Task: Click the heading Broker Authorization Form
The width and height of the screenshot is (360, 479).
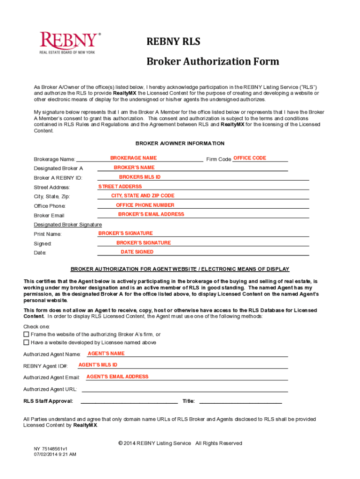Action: coord(213,61)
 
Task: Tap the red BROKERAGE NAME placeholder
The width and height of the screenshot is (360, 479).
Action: coord(133,158)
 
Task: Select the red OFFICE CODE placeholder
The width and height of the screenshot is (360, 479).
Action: coord(249,158)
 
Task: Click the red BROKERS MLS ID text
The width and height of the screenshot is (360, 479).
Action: coord(140,177)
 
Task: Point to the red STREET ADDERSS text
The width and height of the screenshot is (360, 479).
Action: coord(120,187)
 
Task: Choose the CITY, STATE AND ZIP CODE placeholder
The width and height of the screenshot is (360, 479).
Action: coord(143,196)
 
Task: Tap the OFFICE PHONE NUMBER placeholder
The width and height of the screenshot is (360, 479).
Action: coord(145,205)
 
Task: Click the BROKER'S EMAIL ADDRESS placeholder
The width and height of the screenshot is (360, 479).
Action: coord(151,214)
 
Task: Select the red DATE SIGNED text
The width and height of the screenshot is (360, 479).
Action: coord(137,252)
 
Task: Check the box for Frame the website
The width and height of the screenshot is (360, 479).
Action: coord(26,334)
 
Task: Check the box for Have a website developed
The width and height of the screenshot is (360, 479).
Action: coord(26,342)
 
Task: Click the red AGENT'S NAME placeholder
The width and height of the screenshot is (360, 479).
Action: coord(106,354)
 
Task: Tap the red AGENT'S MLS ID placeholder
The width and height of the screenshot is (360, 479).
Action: coord(98,365)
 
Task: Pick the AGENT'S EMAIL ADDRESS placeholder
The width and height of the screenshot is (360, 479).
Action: coord(117,377)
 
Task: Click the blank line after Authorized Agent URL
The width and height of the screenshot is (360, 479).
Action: coord(185,390)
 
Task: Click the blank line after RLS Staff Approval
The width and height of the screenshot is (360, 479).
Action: coord(130,401)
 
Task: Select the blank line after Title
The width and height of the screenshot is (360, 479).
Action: coord(240,401)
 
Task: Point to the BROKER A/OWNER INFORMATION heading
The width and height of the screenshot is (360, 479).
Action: coord(180,144)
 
